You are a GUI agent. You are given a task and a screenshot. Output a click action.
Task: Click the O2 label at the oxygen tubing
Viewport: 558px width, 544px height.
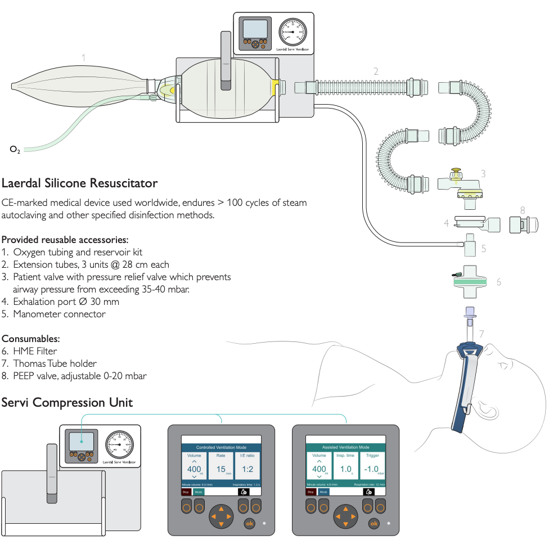[x=15, y=150]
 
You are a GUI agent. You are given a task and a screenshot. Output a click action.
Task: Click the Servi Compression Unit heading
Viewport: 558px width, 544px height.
[x=67, y=402]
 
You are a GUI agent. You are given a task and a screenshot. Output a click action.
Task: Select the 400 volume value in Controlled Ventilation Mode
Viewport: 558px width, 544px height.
[x=194, y=469]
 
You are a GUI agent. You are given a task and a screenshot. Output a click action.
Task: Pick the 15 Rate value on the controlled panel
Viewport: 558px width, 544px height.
[x=220, y=469]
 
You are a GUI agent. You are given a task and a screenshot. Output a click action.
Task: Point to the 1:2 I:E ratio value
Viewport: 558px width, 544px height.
[x=247, y=469]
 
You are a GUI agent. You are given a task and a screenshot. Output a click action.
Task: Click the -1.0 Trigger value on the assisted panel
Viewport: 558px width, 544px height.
[x=372, y=469]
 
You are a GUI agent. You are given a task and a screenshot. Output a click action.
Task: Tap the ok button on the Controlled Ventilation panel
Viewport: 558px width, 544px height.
[x=249, y=524]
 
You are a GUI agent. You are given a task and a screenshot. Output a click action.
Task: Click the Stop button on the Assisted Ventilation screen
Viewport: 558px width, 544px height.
[x=310, y=491]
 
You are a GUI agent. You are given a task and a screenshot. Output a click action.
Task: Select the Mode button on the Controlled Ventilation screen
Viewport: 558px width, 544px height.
[x=198, y=491]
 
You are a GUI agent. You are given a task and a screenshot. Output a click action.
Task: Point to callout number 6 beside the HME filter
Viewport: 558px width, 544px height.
[x=498, y=281]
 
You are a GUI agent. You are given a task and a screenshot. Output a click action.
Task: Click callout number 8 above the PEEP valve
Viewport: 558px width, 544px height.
[x=523, y=210]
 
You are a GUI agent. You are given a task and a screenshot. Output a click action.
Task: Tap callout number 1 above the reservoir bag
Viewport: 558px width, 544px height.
[x=83, y=57]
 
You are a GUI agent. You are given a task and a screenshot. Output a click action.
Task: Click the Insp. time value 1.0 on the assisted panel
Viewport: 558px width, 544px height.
[x=345, y=469]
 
